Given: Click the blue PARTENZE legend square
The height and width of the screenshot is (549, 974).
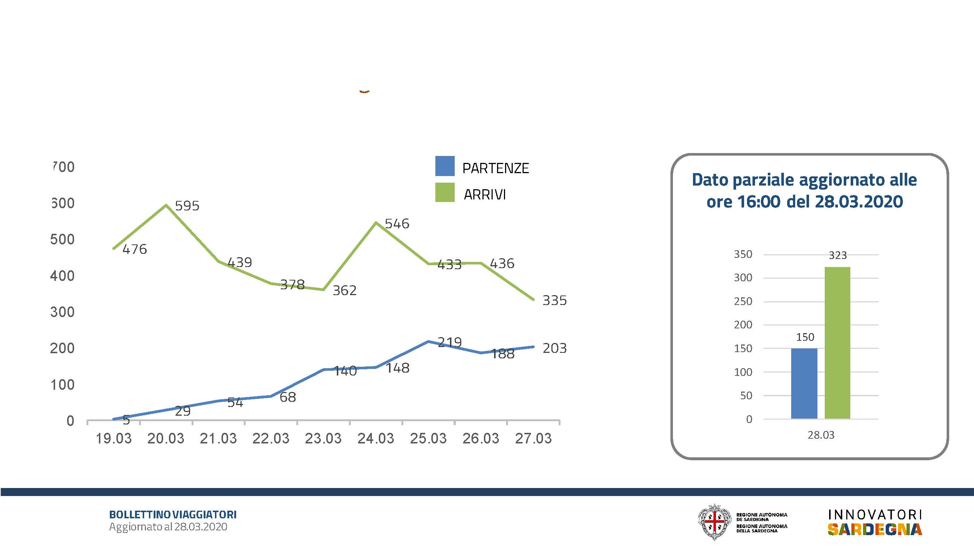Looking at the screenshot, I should click(x=444, y=166).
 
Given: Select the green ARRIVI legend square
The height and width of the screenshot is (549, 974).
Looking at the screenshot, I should click(x=444, y=192).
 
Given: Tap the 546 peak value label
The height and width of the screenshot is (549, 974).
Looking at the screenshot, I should click(x=397, y=224).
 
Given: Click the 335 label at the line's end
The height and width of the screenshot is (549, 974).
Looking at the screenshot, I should click(x=554, y=300).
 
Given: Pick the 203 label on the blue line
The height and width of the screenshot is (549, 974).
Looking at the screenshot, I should click(x=554, y=348).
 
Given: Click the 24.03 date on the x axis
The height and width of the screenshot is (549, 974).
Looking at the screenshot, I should click(x=376, y=439).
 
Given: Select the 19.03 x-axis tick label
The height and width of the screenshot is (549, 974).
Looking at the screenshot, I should click(x=113, y=439).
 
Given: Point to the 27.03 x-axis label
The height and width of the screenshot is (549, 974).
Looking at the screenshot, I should click(x=533, y=439).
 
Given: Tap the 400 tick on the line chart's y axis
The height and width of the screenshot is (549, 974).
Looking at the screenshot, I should click(x=62, y=276).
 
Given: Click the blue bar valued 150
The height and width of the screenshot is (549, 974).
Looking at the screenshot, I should click(x=804, y=383).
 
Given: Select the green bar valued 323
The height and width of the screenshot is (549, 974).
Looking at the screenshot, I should click(x=837, y=343).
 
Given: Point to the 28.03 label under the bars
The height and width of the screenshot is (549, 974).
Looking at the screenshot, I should click(x=821, y=435).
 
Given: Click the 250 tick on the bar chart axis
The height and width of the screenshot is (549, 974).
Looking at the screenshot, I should click(x=743, y=302).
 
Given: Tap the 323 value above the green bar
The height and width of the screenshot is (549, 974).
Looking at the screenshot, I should click(x=838, y=255).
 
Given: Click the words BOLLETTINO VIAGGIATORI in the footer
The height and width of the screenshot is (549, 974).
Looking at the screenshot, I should click(x=173, y=515).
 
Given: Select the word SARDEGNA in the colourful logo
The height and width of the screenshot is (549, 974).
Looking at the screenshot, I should click(x=875, y=529).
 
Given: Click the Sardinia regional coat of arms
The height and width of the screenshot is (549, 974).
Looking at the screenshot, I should click(x=714, y=522).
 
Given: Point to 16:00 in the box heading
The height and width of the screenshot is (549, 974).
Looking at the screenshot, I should click(x=758, y=201).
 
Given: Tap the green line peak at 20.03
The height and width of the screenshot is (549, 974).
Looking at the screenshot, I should click(x=166, y=205).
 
